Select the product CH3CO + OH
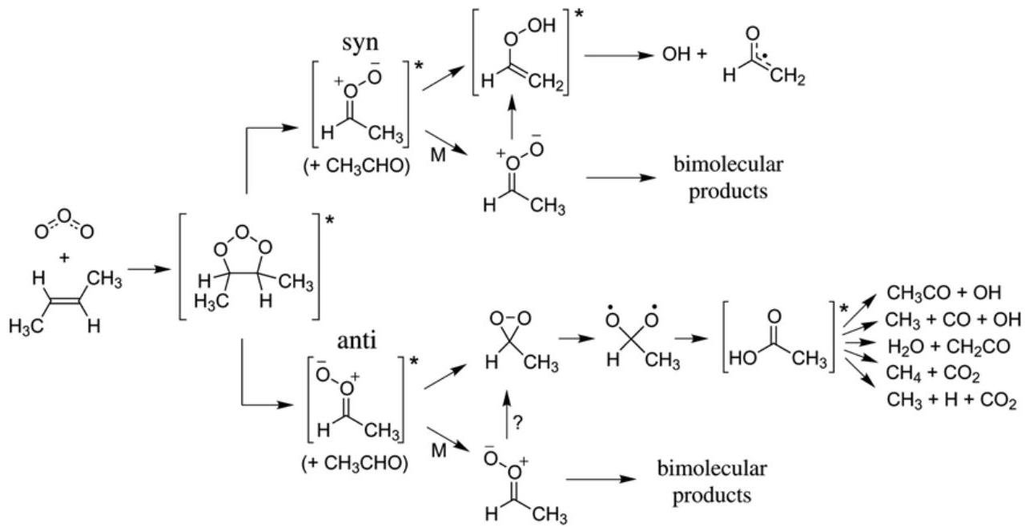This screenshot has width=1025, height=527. pos(943,293)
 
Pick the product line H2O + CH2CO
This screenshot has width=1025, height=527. pos(943,346)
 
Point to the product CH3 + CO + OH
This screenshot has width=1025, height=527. pos(953,320)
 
